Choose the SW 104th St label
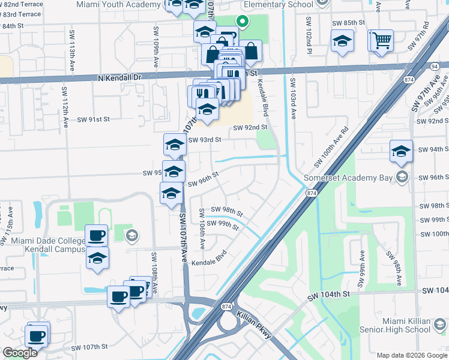[328, 296]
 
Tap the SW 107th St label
[89, 347]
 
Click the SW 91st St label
[93, 119]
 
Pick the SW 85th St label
[348, 23]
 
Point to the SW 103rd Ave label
[293, 98]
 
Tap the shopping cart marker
[382, 41]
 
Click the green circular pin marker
[243, 22]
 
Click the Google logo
[20, 353]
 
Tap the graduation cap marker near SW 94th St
[401, 151]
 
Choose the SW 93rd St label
[205, 140]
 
